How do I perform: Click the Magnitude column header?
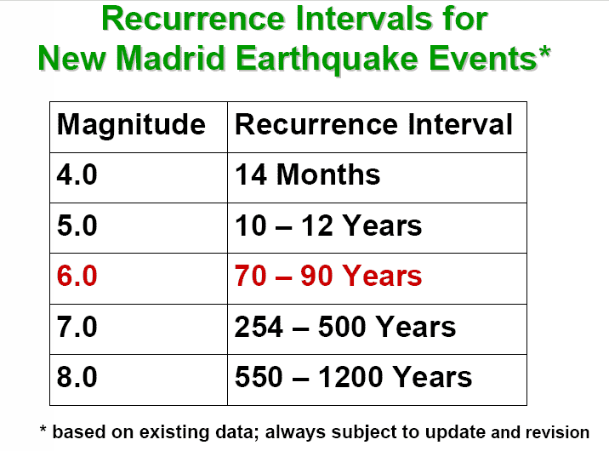point(131,125)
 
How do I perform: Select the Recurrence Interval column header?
point(373,124)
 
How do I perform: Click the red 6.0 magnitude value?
point(77,276)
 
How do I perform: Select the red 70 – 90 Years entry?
point(328,276)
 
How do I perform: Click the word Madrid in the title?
point(170,58)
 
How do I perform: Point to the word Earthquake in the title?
point(327,59)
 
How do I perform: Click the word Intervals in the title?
point(364,19)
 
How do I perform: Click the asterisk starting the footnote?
point(43,429)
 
